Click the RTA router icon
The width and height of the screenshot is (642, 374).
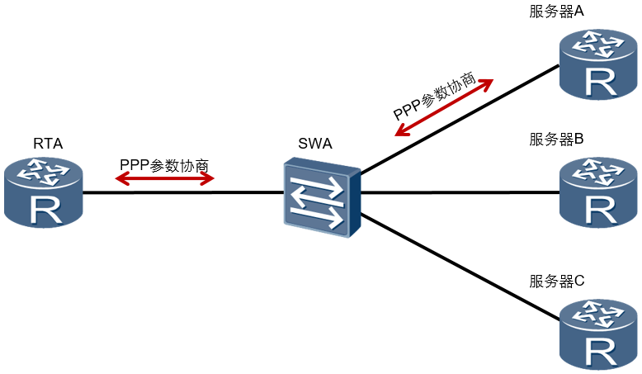[x=44, y=192]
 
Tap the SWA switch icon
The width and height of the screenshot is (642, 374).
[x=322, y=197]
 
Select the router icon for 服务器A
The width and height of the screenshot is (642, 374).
[x=598, y=64]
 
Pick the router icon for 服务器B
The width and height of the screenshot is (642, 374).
[x=598, y=192]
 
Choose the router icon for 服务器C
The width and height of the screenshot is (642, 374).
[x=598, y=335]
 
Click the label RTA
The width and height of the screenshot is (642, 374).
[x=48, y=144]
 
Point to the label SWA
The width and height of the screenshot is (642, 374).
[x=315, y=144]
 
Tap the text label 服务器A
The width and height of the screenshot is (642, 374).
[x=556, y=12]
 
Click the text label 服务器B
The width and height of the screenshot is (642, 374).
[x=556, y=140]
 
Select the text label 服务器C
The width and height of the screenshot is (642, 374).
[x=556, y=282]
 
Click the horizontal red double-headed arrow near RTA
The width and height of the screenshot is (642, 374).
[x=164, y=178]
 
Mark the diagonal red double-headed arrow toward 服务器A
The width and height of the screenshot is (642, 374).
[x=444, y=107]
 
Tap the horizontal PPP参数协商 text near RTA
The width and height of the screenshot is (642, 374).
[x=164, y=165]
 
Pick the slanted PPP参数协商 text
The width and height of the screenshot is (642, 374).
[x=434, y=96]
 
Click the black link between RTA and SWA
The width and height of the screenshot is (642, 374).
[x=183, y=192]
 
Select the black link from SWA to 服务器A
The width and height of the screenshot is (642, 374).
[x=460, y=119]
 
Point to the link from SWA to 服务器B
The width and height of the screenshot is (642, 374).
[x=460, y=192]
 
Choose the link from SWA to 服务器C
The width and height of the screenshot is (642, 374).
[x=460, y=267]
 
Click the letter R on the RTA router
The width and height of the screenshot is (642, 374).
[x=46, y=211]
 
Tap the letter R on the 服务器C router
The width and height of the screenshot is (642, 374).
[x=601, y=353]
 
